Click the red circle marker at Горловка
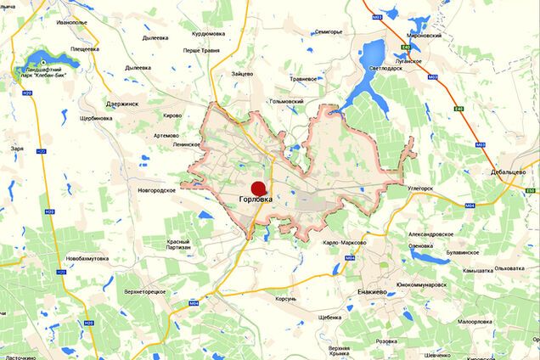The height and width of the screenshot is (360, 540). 258,188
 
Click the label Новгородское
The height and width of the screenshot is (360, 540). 156,190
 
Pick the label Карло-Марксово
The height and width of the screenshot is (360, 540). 344,242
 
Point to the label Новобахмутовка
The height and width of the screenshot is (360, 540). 87,257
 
